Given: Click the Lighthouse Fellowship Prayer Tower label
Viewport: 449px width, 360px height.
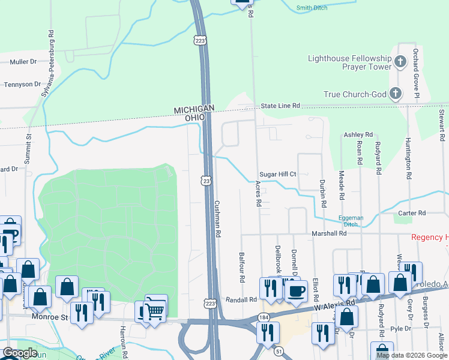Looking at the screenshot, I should coord(349,62).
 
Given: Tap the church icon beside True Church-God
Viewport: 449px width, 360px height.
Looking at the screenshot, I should coord(395,94).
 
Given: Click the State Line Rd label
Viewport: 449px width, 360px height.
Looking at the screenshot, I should coord(280,106).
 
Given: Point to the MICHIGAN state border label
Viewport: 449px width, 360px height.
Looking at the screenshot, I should coord(194,109).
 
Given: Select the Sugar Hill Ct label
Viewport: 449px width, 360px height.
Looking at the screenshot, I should coord(278,174).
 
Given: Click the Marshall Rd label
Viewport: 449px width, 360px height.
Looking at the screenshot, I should coord(329,233).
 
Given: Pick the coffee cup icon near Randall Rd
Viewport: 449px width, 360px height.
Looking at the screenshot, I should coord(295,292).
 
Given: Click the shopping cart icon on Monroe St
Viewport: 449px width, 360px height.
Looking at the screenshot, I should coord(155,310).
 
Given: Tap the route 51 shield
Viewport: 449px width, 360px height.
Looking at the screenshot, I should coord(279,351).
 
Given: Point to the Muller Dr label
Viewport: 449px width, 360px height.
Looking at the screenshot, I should coord(23,61).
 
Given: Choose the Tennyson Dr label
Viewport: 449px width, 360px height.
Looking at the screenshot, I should coord(22,84).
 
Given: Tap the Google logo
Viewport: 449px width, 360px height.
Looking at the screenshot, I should coord(20,353).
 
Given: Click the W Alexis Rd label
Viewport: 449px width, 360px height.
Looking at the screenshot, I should coord(334,305).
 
